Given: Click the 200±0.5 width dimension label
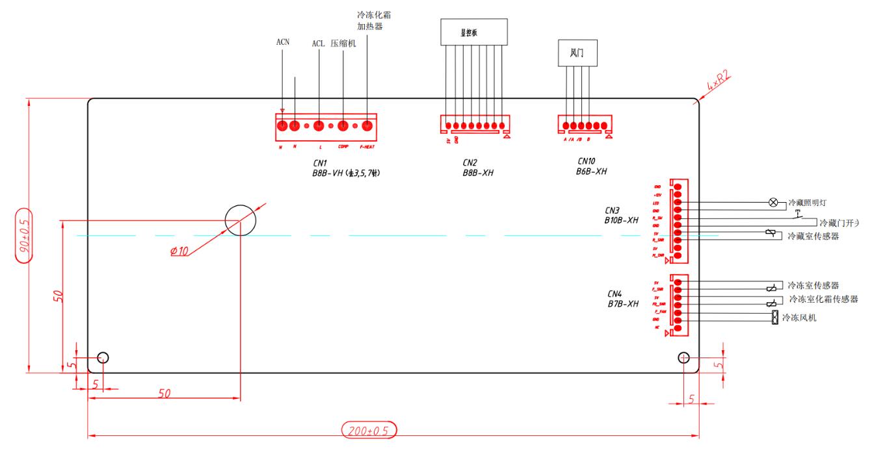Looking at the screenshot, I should point(369,429).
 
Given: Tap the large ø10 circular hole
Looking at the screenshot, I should point(241,220).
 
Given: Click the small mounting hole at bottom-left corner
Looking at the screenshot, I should point(102,357).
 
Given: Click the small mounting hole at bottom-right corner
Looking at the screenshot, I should point(683,357).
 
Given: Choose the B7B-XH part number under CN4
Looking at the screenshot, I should point(622,303).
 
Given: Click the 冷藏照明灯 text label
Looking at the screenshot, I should point(811,203).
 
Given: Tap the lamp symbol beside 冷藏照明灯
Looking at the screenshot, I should point(773,203).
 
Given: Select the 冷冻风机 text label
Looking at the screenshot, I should point(799,318).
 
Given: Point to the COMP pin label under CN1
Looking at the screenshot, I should point(343,146).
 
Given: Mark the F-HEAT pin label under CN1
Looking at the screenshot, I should point(367,146).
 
